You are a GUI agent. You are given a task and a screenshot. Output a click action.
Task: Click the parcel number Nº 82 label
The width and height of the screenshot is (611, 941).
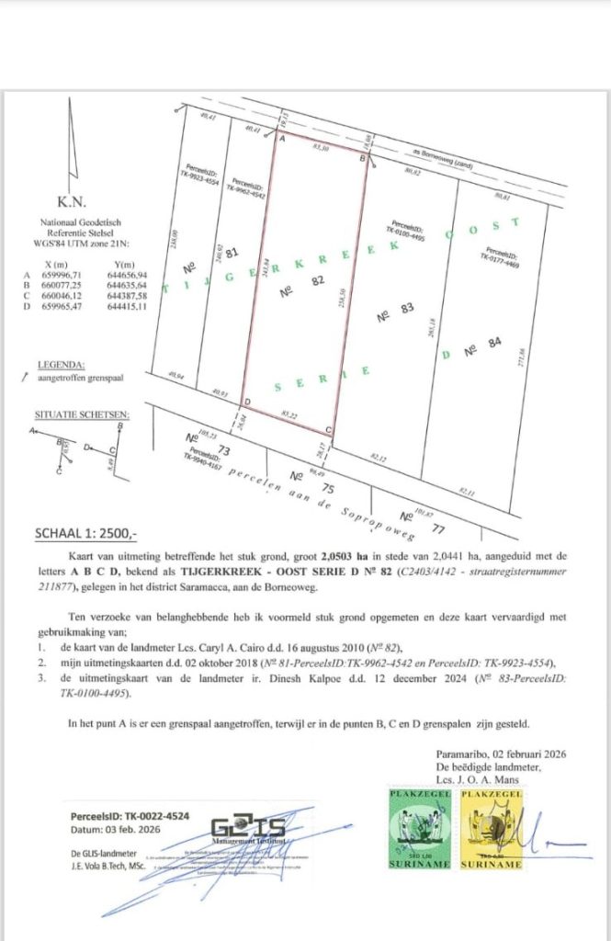click(310, 287)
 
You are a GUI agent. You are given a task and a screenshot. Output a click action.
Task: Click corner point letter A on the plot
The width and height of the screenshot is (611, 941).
click(282, 140)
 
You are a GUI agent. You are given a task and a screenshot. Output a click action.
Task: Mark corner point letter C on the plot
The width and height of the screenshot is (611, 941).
click(329, 429)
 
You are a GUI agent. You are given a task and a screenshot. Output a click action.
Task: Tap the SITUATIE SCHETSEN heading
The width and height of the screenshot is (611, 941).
click(81, 414)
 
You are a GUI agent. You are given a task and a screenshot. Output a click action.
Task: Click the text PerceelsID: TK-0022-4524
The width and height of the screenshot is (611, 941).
click(130, 814)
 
